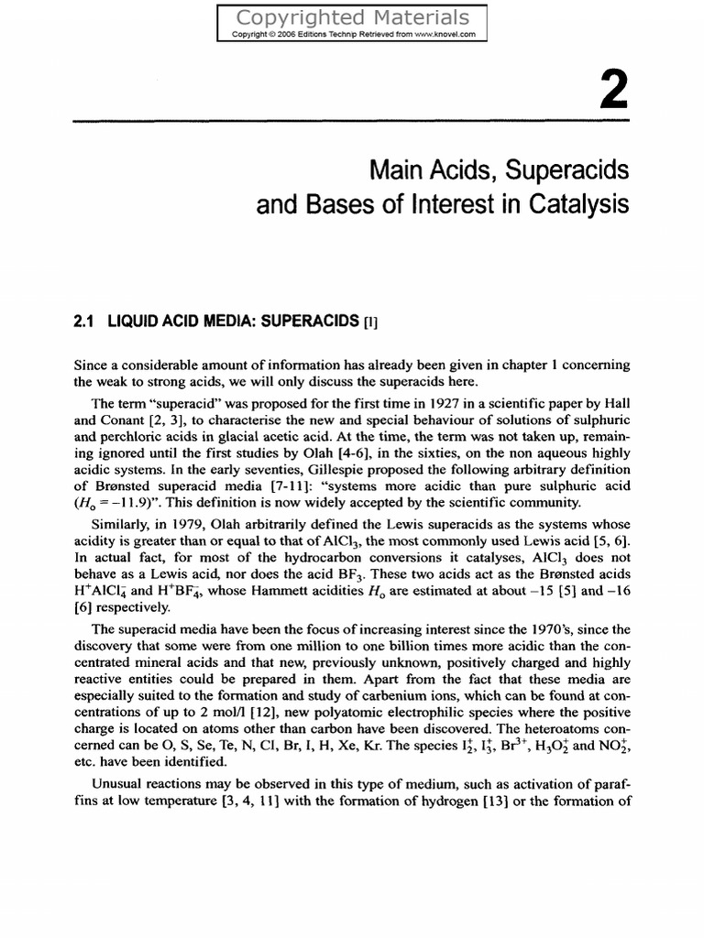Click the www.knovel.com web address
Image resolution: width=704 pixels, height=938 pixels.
point(444,35)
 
